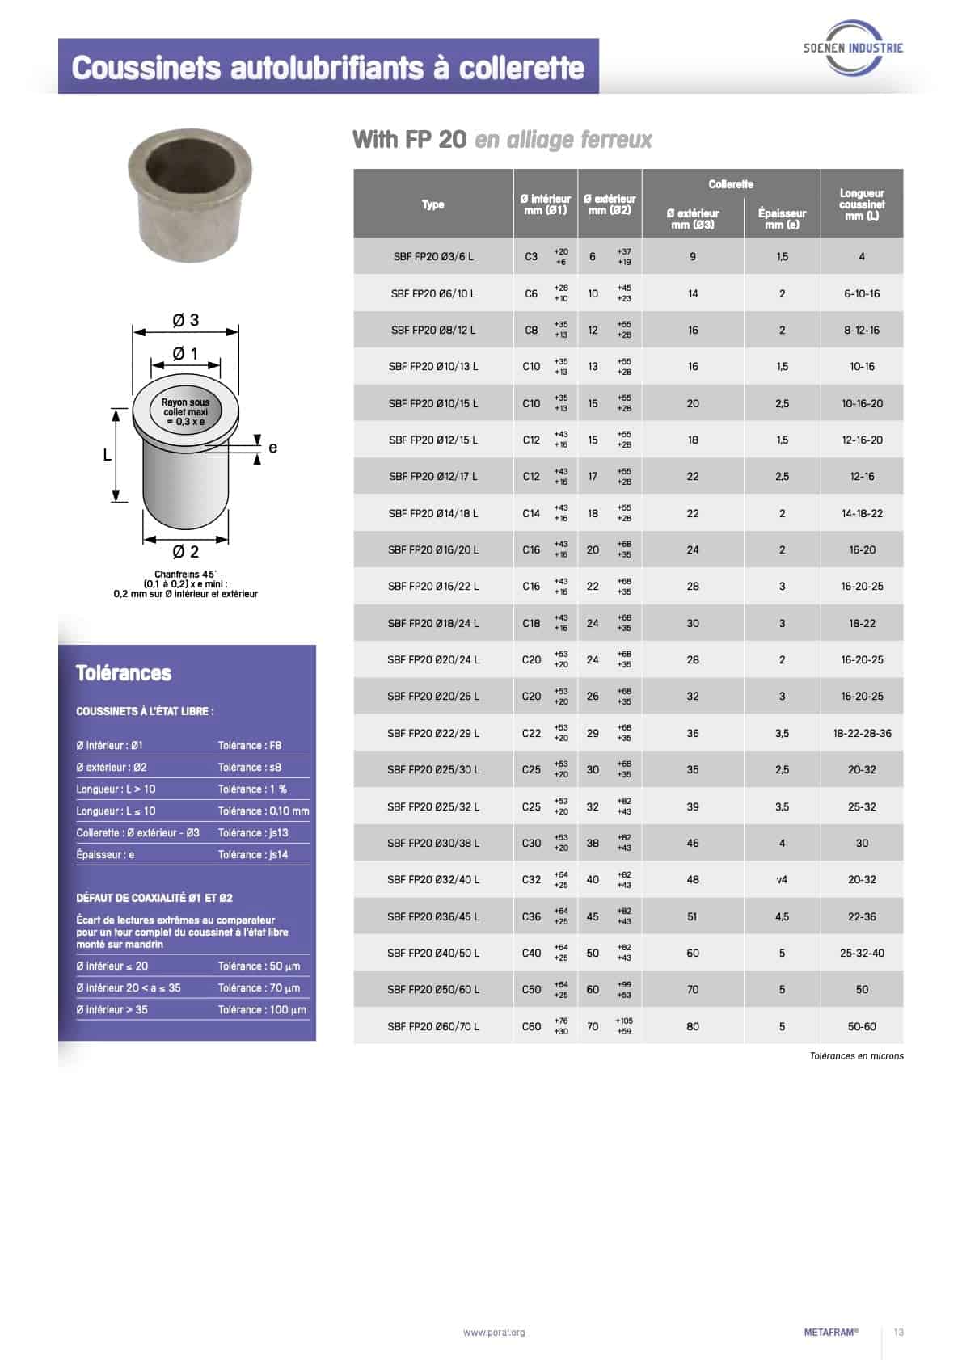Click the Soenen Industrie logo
853,48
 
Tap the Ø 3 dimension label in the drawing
186,321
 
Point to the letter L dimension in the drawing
107,455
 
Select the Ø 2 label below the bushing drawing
186,552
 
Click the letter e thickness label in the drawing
272,447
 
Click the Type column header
433,204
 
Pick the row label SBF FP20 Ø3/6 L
433,256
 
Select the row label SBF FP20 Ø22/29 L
433,733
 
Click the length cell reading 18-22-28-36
862,733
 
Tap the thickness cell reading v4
782,879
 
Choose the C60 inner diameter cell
531,1026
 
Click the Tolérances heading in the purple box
124,673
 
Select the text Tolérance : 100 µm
262,1009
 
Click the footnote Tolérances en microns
856,1055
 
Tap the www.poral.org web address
494,1333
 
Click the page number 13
899,1333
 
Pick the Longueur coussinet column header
862,204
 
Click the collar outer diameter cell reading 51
693,916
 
